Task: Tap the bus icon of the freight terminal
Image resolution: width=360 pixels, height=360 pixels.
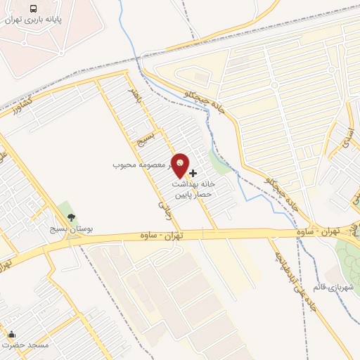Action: pyautogui.click(x=34, y=8)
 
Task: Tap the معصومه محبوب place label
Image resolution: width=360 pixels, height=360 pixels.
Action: pyautogui.click(x=141, y=165)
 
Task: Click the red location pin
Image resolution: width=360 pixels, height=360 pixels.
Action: pyautogui.click(x=181, y=166)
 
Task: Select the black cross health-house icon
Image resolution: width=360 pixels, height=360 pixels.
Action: pyautogui.click(x=193, y=172)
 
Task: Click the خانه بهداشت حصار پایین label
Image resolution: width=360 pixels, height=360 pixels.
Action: pyautogui.click(x=193, y=186)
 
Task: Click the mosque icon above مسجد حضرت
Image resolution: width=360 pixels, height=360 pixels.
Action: pyautogui.click(x=11, y=334)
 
